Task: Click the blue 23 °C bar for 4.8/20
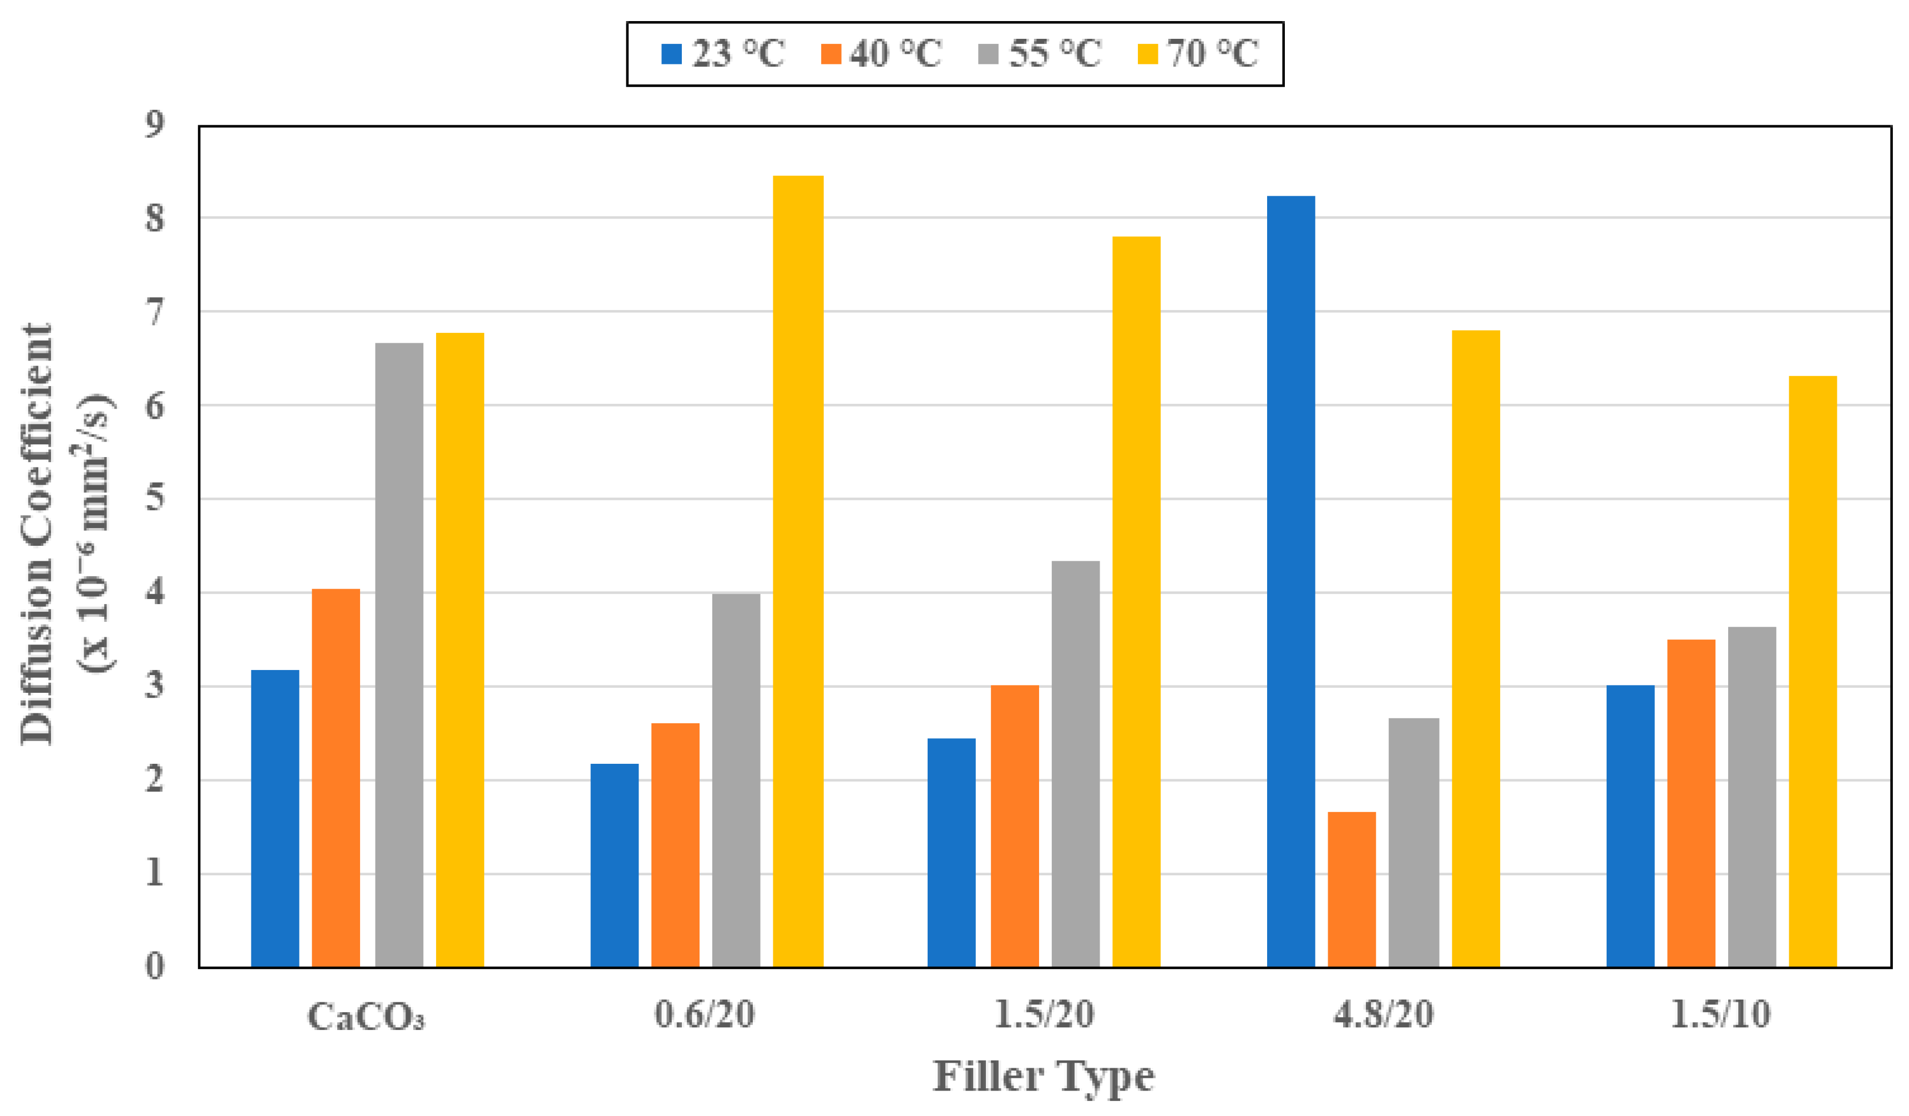(x=1291, y=581)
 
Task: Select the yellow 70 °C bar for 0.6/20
(x=798, y=571)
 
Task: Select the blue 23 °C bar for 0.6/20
(x=614, y=865)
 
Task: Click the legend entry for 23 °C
(x=723, y=54)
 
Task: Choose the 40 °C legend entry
(x=881, y=54)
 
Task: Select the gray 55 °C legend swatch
(x=988, y=54)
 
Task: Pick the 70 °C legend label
(x=1212, y=54)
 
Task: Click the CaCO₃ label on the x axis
(x=366, y=1017)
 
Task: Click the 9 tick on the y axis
(x=155, y=124)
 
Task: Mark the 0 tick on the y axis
(x=155, y=967)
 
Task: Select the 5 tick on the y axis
(x=155, y=499)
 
